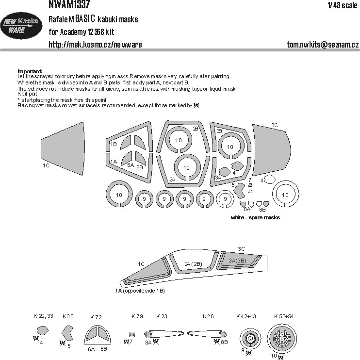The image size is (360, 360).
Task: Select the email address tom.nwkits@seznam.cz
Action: click(323, 45)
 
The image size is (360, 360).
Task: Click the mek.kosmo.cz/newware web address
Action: click(95, 45)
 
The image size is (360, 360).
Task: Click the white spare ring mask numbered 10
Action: click(285, 195)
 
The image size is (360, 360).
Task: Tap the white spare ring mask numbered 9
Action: click(224, 198)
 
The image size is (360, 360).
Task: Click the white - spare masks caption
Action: click(255, 218)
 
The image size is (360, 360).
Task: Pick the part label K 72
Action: click(96, 317)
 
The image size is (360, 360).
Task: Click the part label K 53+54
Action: click(284, 316)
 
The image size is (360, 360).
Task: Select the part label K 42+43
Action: click(246, 316)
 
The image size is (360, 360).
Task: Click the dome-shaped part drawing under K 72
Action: click(98, 335)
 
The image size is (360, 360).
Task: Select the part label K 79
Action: click(137, 316)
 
